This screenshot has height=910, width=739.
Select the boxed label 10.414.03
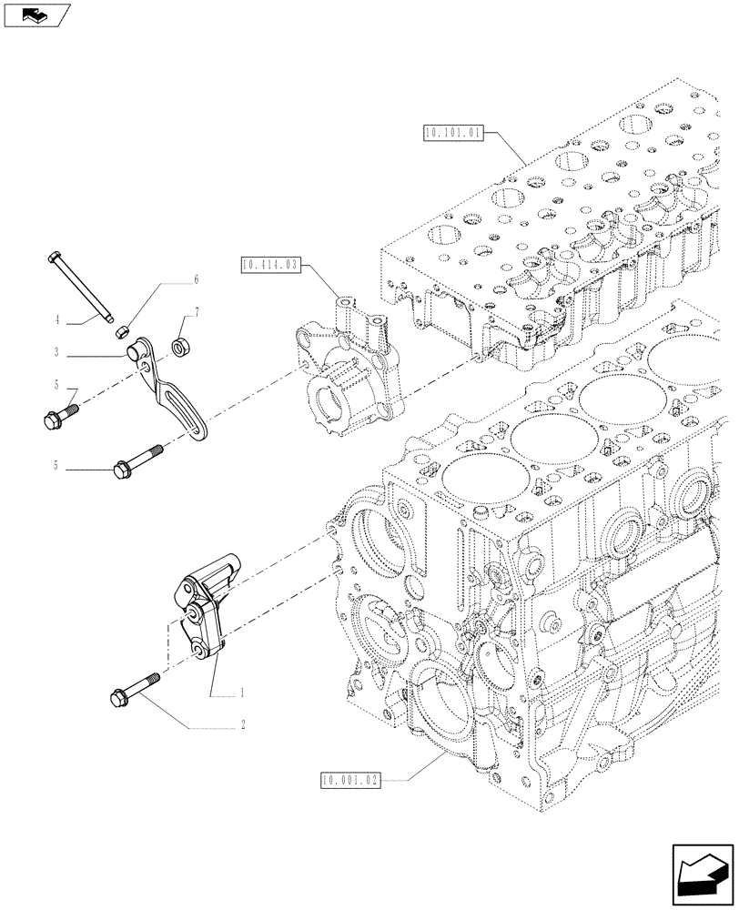point(269,267)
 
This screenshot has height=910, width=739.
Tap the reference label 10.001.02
point(349,780)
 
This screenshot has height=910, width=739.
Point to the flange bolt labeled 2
point(134,690)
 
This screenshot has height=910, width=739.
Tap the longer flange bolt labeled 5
point(137,460)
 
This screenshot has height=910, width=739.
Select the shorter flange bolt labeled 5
point(60,415)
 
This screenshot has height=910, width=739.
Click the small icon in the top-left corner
point(36,14)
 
